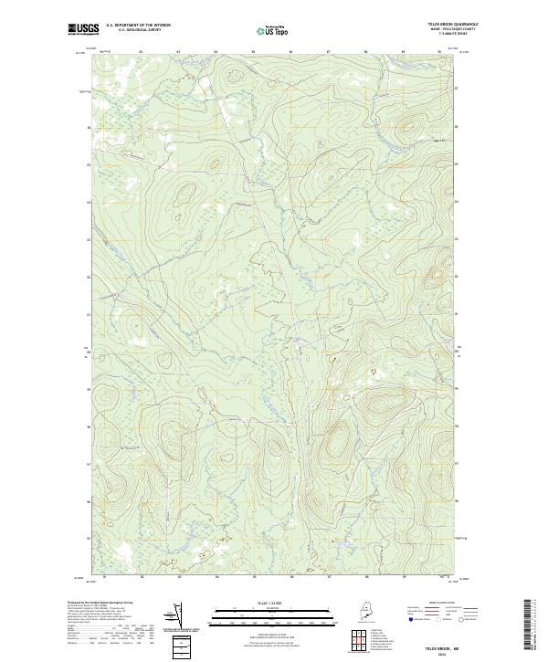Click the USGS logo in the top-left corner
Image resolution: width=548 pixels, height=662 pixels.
click(84, 29)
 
